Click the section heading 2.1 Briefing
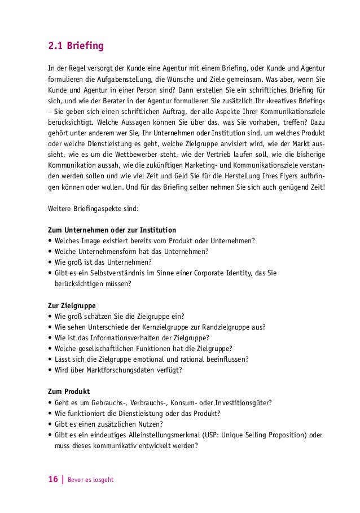click(75, 45)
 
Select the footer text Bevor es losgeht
click(90, 480)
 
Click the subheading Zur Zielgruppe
click(72, 305)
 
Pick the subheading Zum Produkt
click(69, 391)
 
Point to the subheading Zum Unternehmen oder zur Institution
click(112, 230)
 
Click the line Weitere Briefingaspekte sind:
click(89, 209)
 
